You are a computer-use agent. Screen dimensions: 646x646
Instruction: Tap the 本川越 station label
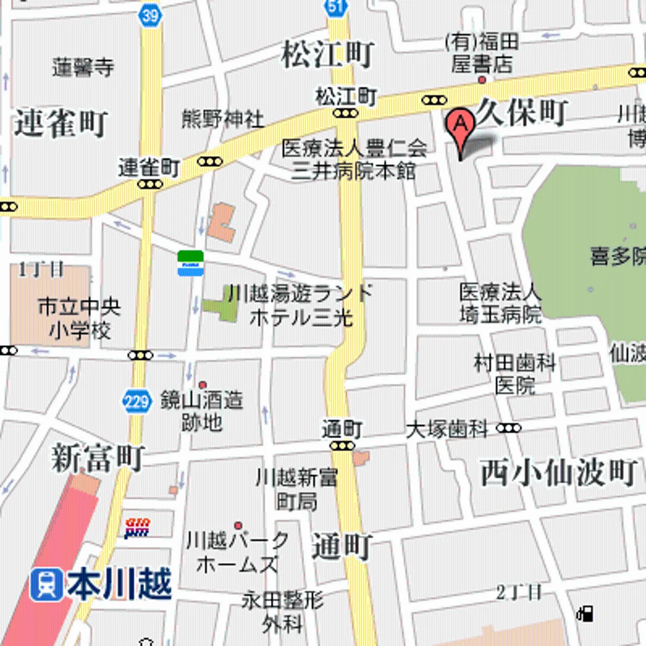tap(120, 585)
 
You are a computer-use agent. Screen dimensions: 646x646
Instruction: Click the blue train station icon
tap(46, 585)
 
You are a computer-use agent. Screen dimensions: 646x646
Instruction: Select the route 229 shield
tap(136, 402)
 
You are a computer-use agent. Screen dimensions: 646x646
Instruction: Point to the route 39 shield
tap(150, 15)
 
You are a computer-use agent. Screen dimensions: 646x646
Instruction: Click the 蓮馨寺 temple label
tap(83, 68)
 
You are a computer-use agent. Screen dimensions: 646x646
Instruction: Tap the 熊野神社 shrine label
tap(222, 118)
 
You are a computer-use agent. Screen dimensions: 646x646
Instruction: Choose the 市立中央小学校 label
tap(79, 318)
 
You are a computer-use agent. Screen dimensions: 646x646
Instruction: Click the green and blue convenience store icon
tap(191, 263)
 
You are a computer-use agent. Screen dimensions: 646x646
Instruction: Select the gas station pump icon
tap(585, 613)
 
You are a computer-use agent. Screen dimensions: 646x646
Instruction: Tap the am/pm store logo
tap(137, 528)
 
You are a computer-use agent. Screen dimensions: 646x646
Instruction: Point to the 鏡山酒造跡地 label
tap(202, 411)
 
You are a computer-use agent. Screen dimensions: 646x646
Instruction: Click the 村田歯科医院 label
tap(515, 374)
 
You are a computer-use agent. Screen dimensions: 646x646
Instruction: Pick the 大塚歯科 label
tap(447, 430)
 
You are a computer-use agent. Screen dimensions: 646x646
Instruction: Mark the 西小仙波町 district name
tap(558, 473)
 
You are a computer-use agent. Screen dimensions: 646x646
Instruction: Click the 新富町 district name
tap(98, 458)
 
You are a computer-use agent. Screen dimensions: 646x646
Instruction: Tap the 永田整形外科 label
tap(282, 612)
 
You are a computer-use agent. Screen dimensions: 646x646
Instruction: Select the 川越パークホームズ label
tap(237, 552)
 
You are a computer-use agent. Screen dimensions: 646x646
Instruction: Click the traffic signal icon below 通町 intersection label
tap(342, 446)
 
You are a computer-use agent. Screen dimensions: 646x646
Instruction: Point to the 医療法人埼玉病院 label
tap(500, 303)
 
